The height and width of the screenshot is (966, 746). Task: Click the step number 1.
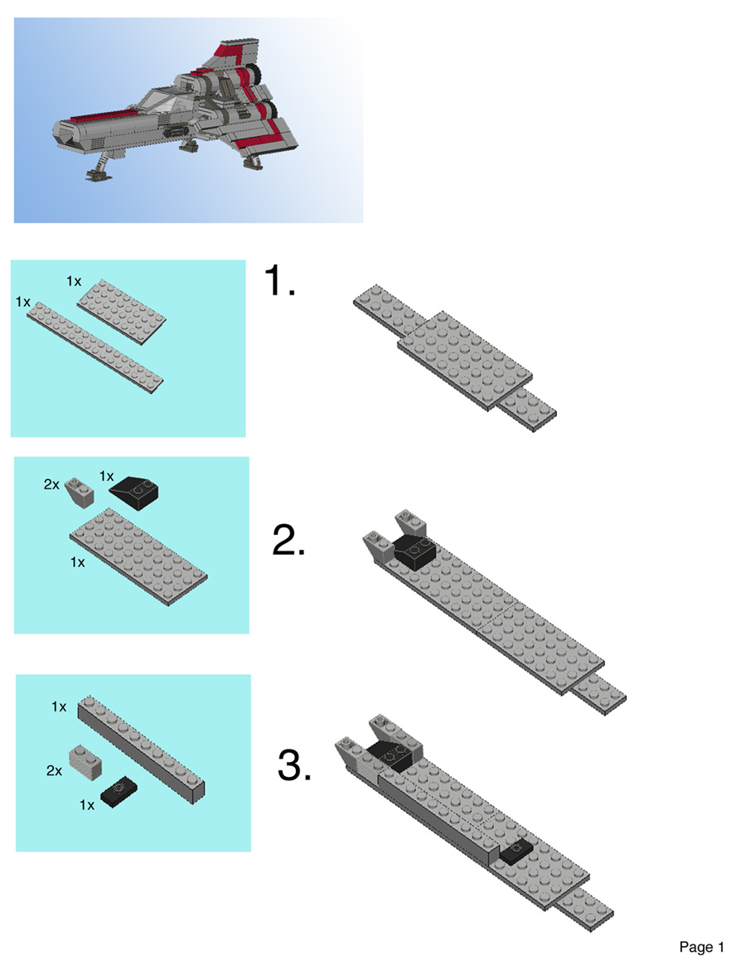click(279, 281)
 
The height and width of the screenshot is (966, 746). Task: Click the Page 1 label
click(701, 946)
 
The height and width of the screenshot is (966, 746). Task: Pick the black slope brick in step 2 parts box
click(134, 493)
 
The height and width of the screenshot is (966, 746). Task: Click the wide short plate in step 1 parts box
click(122, 303)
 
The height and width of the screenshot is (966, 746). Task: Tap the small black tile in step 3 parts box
click(119, 794)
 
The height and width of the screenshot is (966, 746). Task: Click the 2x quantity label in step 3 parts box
click(54, 770)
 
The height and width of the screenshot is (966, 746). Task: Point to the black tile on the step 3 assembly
click(516, 849)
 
